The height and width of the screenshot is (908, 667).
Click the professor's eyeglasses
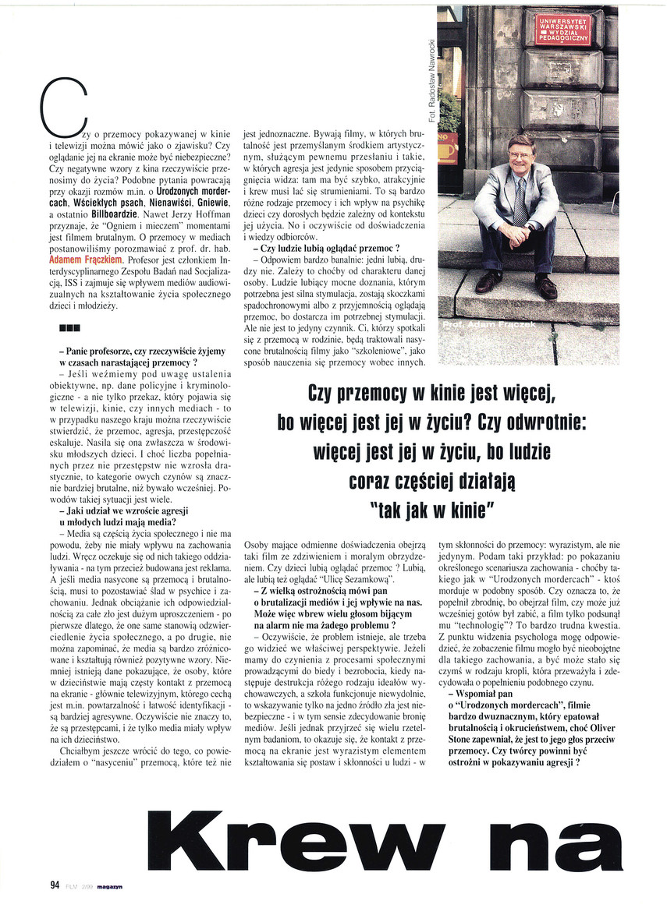pyautogui.click(x=521, y=152)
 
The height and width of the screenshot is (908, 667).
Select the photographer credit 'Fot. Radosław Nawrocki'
pyautogui.click(x=431, y=71)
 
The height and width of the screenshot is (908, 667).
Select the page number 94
pyautogui.click(x=55, y=884)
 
